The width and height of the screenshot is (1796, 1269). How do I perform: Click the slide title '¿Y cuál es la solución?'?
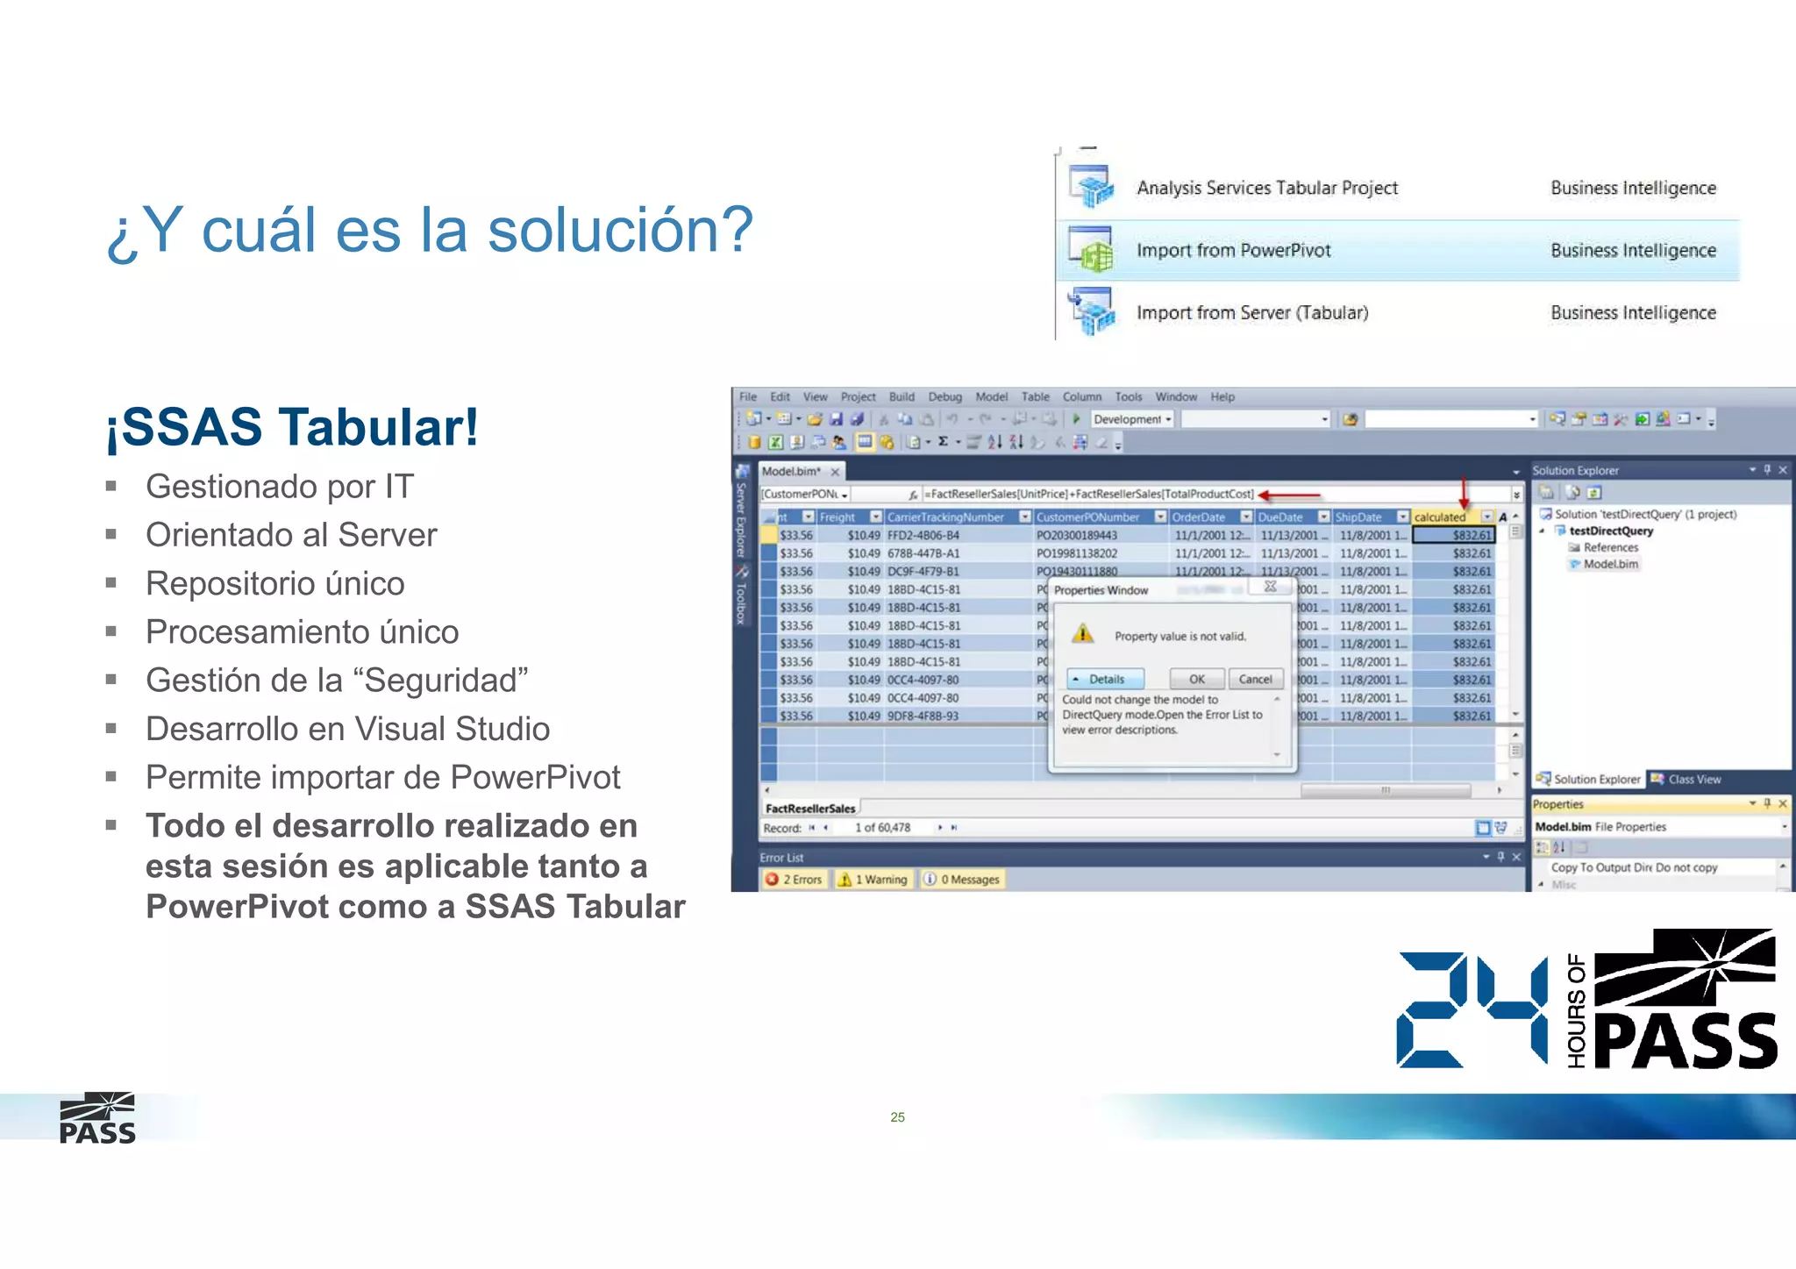click(430, 230)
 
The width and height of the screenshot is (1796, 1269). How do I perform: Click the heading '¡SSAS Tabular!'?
click(292, 428)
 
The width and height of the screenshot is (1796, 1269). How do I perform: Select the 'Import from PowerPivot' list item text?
click(1233, 251)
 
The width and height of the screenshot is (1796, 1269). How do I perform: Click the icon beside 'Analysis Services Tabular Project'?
click(1090, 187)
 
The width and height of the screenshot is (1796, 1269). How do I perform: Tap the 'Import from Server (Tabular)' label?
click(1251, 313)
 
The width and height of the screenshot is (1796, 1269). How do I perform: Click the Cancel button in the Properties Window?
click(1255, 679)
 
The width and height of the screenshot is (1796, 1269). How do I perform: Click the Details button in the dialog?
click(1105, 679)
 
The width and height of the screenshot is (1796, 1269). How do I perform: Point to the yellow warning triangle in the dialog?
click(1083, 634)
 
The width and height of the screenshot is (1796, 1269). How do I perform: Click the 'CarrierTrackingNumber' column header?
click(945, 517)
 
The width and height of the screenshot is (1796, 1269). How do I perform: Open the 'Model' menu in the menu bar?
click(991, 396)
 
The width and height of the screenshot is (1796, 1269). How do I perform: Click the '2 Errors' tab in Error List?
click(795, 879)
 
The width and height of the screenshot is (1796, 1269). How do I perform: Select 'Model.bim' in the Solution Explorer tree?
click(1610, 564)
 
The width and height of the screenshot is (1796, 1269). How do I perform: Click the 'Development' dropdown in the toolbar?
click(1131, 419)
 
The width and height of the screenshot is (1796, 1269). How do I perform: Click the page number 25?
click(897, 1116)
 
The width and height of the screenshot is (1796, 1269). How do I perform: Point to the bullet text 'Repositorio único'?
click(274, 584)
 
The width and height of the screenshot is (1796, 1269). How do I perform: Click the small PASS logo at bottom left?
click(97, 1118)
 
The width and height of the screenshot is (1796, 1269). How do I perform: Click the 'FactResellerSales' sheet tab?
click(809, 809)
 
